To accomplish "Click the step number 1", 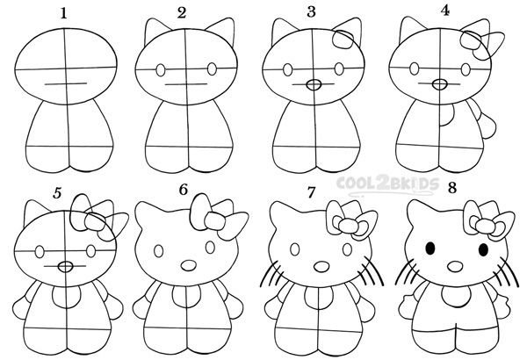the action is tap(64, 14).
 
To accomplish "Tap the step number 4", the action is tap(445, 11).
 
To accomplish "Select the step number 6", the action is tap(184, 190).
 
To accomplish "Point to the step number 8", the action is tap(452, 188).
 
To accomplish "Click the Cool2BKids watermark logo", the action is tap(387, 185).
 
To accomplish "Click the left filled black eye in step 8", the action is tap(430, 248).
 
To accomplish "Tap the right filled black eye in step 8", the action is tap(483, 249).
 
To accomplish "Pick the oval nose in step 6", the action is tap(189, 265).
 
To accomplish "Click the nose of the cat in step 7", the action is tap(321, 266).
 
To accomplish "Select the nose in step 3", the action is tap(314, 84).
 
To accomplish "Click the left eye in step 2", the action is tap(161, 70).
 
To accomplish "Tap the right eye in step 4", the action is tap(466, 69).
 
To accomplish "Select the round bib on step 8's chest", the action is tap(456, 295).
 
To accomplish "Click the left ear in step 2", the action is tap(155, 31).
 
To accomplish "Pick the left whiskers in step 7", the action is tap(273, 274).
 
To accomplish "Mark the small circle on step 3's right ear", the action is tap(343, 40).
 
